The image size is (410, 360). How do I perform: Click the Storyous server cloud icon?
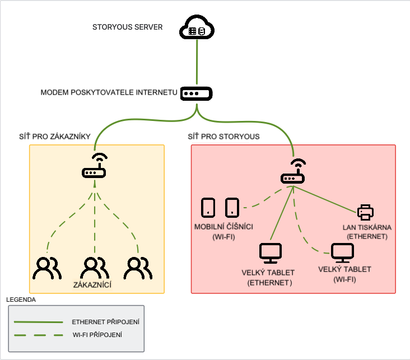pyautogui.click(x=197, y=27)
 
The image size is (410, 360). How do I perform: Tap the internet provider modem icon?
pyautogui.click(x=197, y=93)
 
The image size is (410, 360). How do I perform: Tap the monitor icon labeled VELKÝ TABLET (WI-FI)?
pyautogui.click(x=342, y=253)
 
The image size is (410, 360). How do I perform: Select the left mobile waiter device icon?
pyautogui.click(x=208, y=207)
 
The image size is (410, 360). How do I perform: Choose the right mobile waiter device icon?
pyautogui.click(x=232, y=207)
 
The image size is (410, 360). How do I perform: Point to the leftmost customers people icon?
pyautogui.click(x=47, y=268)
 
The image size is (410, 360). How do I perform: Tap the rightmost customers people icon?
pyautogui.click(x=138, y=268)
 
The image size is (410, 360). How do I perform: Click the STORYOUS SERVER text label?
pyautogui.click(x=128, y=27)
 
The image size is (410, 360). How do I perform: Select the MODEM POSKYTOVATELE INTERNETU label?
pyautogui.click(x=109, y=92)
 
